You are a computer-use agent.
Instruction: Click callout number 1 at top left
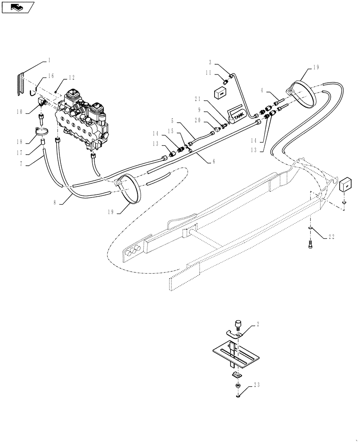49,59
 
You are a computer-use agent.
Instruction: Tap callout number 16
52,76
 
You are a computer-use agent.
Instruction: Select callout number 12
71,78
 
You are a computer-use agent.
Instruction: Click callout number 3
210,63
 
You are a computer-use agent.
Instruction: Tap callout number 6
213,162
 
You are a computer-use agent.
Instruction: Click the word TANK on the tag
239,117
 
